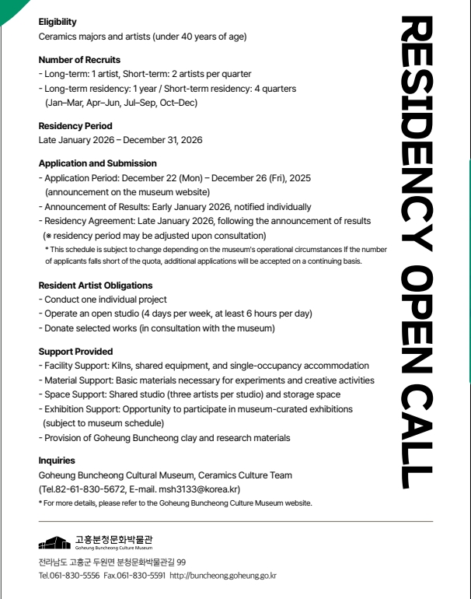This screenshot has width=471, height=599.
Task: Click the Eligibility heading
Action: click(58, 23)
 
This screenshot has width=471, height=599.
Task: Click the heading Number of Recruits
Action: click(79, 60)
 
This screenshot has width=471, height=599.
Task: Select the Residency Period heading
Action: click(75, 126)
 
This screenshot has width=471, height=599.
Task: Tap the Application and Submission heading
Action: click(98, 164)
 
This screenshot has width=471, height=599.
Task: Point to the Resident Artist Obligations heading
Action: click(96, 285)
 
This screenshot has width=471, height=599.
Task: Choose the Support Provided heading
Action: click(75, 352)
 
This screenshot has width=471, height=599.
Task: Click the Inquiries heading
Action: click(57, 461)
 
